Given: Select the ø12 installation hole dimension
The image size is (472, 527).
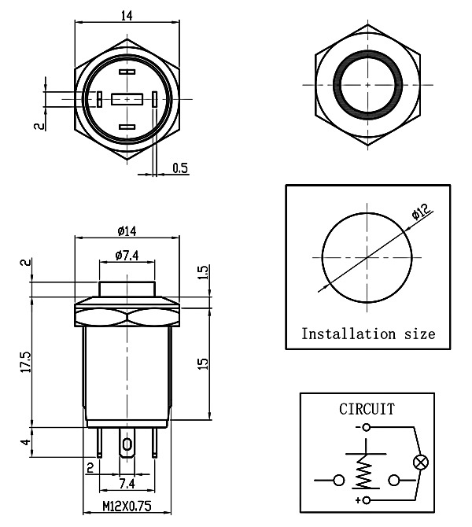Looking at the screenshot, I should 419,212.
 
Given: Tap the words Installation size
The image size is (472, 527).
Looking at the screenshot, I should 368,334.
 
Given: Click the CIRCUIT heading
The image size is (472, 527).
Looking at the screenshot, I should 367,409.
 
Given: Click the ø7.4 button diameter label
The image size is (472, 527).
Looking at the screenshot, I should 127,255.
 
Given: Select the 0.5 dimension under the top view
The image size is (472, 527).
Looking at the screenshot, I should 180,168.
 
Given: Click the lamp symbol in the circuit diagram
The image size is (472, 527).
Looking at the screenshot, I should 420,463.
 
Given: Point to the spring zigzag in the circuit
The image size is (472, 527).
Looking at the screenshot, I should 363,474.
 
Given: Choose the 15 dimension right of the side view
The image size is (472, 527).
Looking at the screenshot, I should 202,364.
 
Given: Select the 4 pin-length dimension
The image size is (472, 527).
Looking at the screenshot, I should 27,443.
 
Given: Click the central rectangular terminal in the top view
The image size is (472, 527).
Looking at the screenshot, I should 127,100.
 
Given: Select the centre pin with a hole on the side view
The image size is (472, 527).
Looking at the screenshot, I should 127,445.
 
